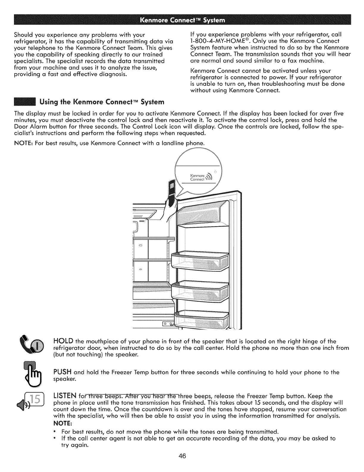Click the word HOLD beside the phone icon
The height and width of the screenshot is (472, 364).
point(63,341)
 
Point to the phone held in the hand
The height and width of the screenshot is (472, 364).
point(172,190)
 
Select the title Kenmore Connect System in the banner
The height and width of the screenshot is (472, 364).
point(182,21)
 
